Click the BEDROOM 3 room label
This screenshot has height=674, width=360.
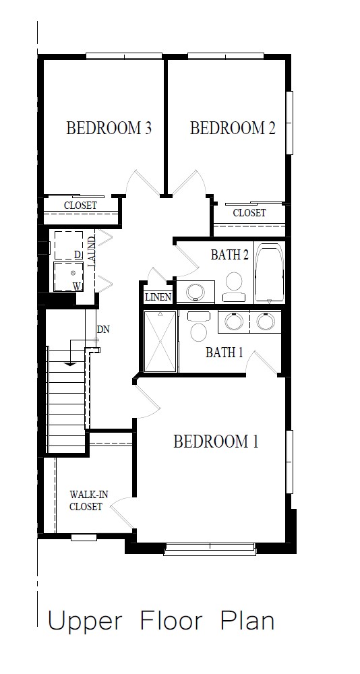pos(109,128)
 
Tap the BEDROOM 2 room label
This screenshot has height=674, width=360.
pos(233,128)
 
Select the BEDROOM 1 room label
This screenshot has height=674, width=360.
pos(216,441)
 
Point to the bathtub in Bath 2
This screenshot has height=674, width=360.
pos(270,273)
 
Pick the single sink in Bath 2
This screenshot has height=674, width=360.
pos(196,292)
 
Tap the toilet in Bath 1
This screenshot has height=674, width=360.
pos(199,326)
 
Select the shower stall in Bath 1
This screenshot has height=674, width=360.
pos(160,341)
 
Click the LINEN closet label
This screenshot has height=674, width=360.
pos(158,297)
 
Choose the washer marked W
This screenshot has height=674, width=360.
pos(69,276)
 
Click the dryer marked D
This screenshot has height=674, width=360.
pos(69,245)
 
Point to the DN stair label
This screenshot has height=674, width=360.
pos(103,330)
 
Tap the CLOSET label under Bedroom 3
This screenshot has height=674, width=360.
pos(80,206)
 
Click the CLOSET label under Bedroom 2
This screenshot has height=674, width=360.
pos(249,213)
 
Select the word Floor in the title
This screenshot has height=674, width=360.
pos(171,621)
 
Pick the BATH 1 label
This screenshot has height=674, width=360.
pos(224,353)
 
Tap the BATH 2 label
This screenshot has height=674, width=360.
pos(230,255)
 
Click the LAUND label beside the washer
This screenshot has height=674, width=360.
pos(91,252)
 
